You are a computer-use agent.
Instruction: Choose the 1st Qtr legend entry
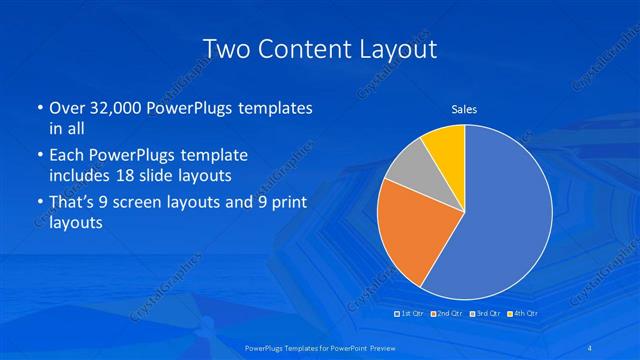click(410, 315)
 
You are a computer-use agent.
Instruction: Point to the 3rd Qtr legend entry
click(486, 315)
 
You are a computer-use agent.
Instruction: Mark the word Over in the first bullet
click(66, 108)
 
